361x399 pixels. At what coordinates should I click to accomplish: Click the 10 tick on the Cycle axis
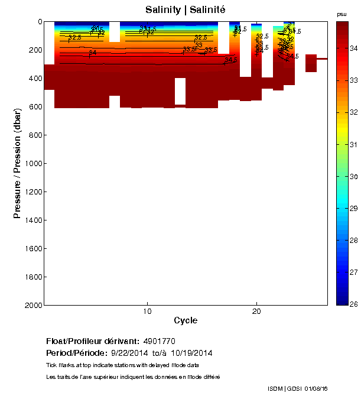(x=147, y=311)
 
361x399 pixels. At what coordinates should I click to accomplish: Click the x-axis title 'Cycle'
(x=186, y=320)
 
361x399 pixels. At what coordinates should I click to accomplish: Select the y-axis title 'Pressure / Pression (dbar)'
(x=17, y=163)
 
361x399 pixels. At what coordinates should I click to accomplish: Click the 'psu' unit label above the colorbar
(x=342, y=14)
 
